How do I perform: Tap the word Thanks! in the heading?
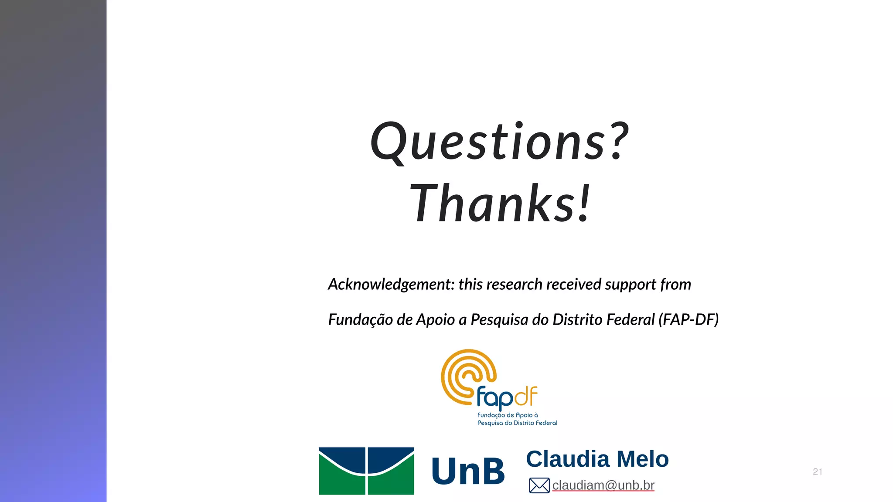point(500,204)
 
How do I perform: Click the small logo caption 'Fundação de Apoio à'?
point(508,415)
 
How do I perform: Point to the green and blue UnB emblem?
point(366,471)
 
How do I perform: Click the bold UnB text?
point(468,471)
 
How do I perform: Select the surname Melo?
point(643,459)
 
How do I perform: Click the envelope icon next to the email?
point(539,485)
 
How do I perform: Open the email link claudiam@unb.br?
point(603,485)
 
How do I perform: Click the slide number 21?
point(818,471)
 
